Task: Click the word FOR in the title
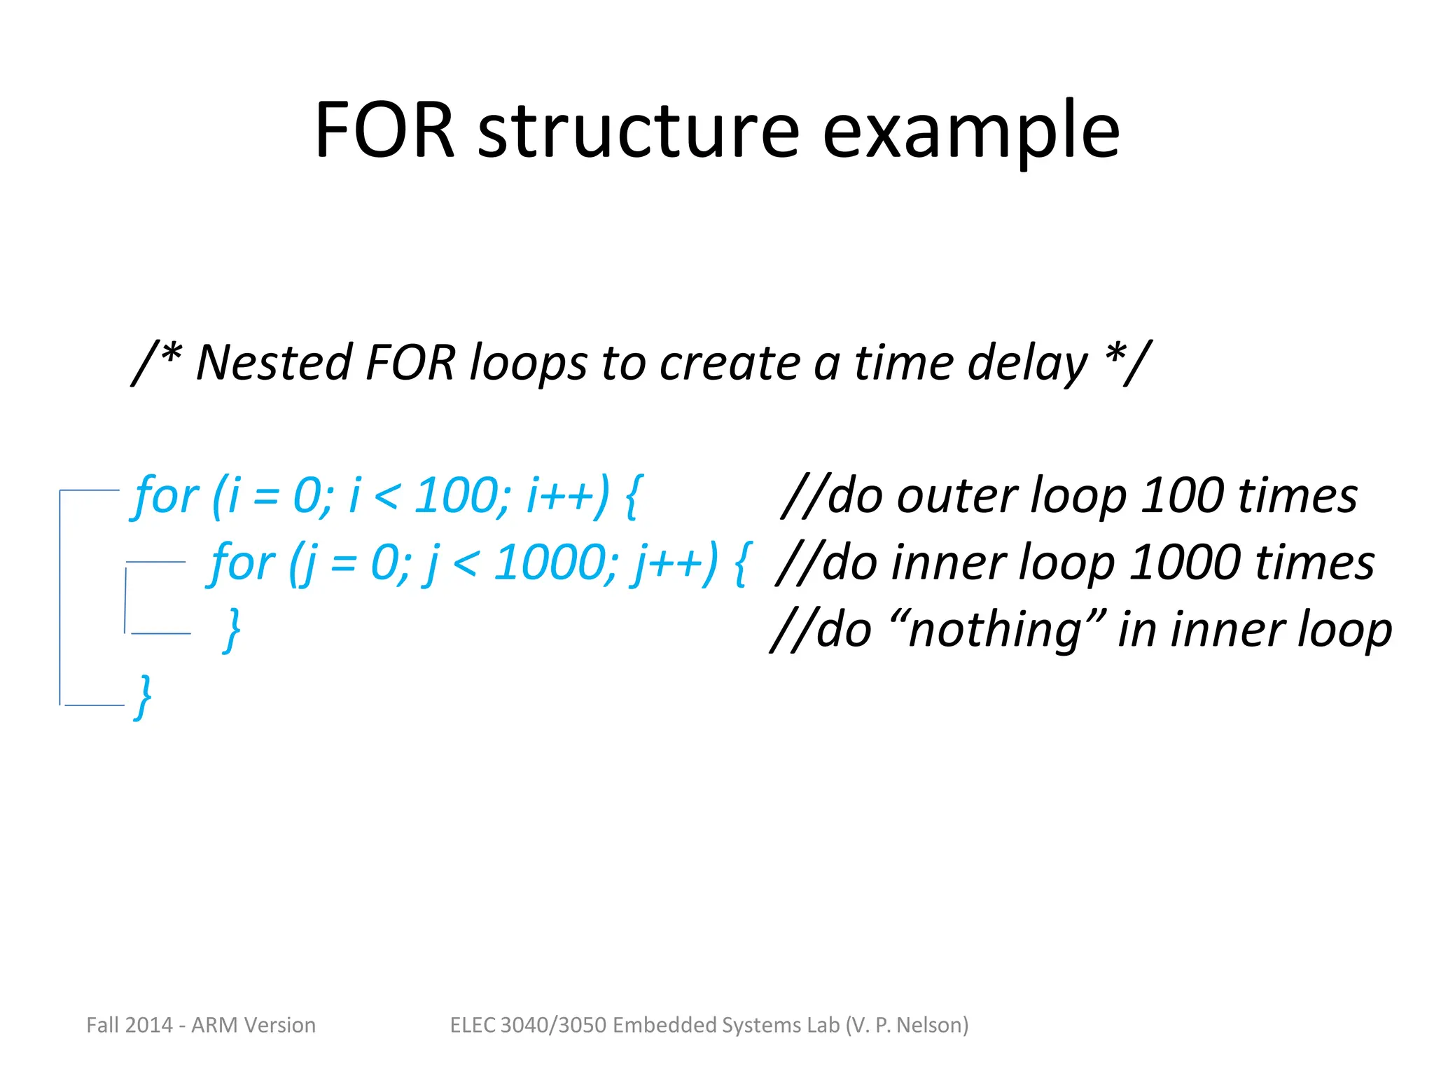(x=384, y=130)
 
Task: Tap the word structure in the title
(x=638, y=132)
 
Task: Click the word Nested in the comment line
(x=274, y=363)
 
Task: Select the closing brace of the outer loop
(x=144, y=697)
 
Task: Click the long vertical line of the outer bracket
(x=60, y=595)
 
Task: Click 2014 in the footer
(x=150, y=1025)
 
